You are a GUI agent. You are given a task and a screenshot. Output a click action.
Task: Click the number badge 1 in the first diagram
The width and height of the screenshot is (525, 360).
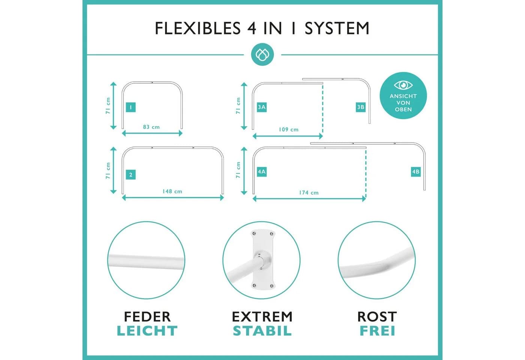pos(130,107)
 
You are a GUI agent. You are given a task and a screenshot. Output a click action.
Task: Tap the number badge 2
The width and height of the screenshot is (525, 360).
pos(130,175)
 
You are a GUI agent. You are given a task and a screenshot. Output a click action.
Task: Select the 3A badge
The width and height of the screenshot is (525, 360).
pos(262,107)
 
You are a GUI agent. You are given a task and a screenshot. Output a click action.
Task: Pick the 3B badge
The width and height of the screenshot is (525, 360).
pos(360,107)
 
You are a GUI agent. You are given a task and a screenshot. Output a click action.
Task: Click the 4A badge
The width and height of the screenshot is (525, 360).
pos(262,172)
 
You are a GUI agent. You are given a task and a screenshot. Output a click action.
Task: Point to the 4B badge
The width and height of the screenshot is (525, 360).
pos(416,172)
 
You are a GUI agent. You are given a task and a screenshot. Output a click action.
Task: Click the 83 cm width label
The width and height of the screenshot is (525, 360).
pos(151,127)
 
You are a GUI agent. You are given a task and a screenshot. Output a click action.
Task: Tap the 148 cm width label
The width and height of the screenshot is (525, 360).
pos(172,192)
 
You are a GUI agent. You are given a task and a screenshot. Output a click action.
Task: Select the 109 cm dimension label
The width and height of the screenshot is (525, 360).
pos(288,130)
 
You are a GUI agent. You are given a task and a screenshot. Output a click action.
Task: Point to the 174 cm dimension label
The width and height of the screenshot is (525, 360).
pos(309,193)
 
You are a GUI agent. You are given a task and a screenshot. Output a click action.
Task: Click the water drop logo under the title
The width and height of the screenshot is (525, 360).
pos(262,54)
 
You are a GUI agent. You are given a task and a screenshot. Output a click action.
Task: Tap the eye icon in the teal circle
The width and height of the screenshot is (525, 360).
pos(403,85)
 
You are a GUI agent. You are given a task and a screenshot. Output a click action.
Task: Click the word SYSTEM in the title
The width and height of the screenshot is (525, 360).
pos(337,28)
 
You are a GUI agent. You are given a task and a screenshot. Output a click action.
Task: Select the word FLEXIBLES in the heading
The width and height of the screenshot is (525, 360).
pos(198,28)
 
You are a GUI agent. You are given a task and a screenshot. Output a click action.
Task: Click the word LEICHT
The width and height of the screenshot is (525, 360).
pos(147,331)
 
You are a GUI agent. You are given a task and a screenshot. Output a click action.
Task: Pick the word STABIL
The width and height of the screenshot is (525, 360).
pos(262,331)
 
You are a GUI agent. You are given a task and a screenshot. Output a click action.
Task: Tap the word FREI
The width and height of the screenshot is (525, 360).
pos(377,331)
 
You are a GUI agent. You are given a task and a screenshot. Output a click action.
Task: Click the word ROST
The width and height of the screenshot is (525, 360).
pos(377,316)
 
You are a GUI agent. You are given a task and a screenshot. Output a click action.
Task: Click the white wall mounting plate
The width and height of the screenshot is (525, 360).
pos(262,259)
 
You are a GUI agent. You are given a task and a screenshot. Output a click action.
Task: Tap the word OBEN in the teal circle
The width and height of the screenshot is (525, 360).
pos(403,109)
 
